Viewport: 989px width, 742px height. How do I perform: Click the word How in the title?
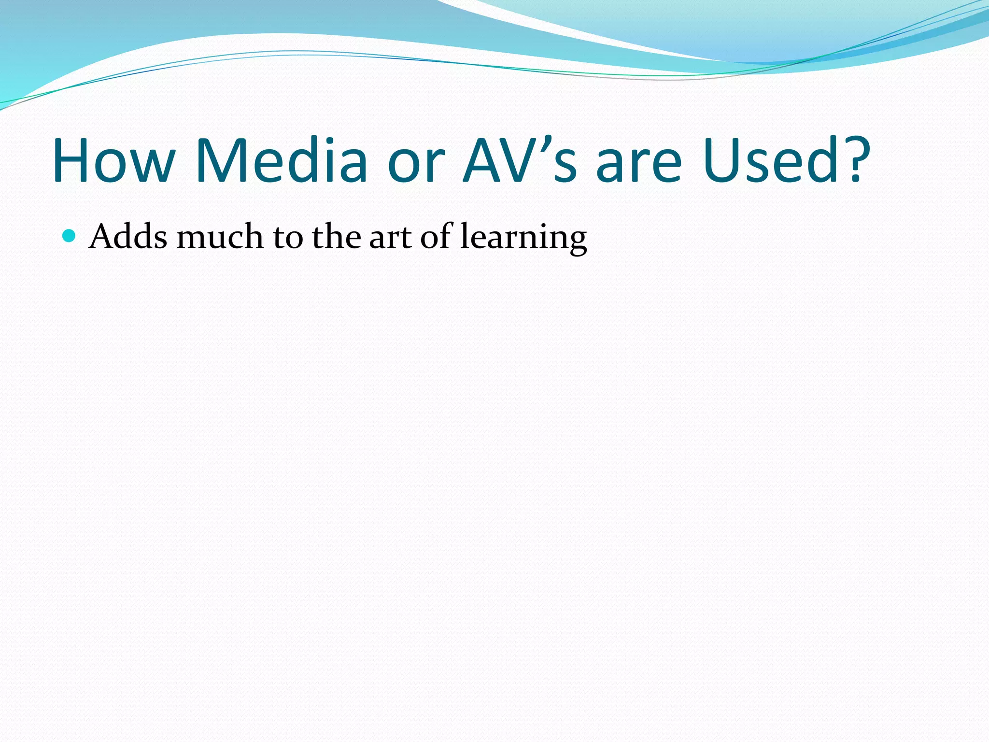click(114, 161)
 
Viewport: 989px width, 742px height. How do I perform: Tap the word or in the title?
click(415, 167)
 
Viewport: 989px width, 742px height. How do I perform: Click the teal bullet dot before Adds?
click(70, 236)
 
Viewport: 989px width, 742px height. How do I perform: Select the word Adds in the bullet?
click(128, 237)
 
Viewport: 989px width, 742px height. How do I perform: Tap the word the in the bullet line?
click(336, 237)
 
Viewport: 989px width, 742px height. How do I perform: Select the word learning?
click(524, 239)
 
